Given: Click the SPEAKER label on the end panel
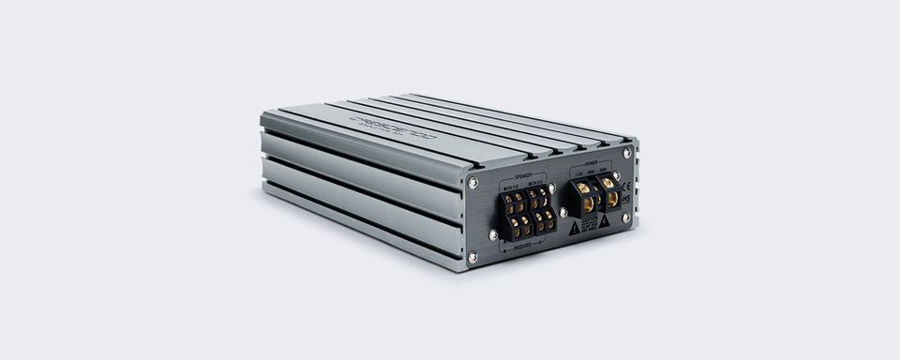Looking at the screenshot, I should [x=524, y=175].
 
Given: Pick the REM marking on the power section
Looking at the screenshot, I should [x=591, y=172].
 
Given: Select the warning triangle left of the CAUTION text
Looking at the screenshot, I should [x=574, y=227].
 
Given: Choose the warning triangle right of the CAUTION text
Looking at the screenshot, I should [x=605, y=220].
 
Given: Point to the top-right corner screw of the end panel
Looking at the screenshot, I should [x=626, y=153].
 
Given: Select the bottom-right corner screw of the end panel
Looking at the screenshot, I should [x=625, y=217].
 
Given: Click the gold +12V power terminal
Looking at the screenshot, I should [x=584, y=188].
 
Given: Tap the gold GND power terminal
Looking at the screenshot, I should [x=608, y=183].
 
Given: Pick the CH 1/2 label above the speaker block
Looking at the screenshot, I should [x=509, y=186].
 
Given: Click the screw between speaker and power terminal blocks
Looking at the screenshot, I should [x=562, y=212].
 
